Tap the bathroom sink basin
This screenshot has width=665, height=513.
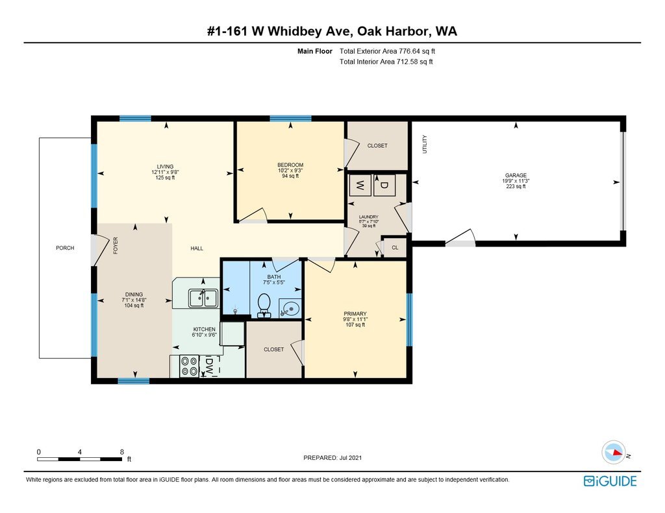pos(290,309)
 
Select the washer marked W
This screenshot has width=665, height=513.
pos(360,185)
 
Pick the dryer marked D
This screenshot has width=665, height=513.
pos(383,185)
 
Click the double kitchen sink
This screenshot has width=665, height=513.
pos(203,298)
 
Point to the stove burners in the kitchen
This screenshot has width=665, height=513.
pos(190,366)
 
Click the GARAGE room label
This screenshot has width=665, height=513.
pos(516,175)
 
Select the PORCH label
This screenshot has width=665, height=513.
pos(65,248)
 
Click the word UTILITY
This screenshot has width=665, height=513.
pos(425,144)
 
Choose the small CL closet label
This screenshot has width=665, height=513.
pos(394,248)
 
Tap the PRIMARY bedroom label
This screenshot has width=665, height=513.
pos(355,314)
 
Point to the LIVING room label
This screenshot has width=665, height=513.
pos(165,166)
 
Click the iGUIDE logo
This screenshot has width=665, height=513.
pos(610,481)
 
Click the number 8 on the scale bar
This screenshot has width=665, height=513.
pos(121,451)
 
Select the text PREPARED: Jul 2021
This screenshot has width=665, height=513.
pos(332,458)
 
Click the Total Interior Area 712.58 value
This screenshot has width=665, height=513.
pos(386,62)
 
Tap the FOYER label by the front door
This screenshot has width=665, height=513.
pos(116,245)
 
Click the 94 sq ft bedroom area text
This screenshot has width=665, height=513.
pos(290,176)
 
